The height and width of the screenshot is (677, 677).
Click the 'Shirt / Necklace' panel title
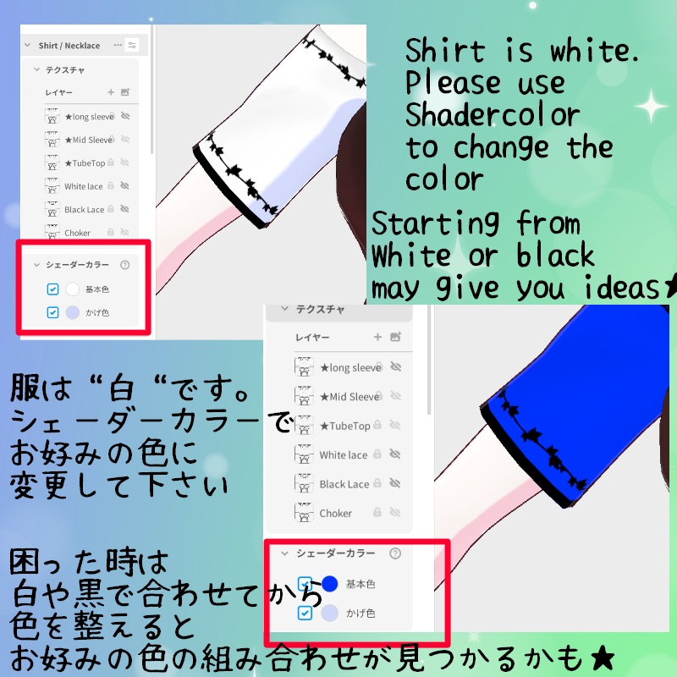pos(69,46)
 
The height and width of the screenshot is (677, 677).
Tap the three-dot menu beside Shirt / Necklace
pos(118,45)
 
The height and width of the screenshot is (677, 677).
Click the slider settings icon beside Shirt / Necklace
pos(132,45)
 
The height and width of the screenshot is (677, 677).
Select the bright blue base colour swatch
pos(329,584)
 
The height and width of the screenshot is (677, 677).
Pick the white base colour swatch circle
pos(73,289)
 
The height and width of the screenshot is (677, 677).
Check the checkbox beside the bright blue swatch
pos(305,584)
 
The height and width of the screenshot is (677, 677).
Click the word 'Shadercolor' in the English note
pos(493,115)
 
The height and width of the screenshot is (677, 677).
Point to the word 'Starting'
pos(435,223)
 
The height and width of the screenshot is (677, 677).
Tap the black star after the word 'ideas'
pos(670,287)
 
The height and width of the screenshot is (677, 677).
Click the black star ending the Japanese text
pos(603,658)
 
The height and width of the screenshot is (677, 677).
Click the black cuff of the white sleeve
pos(228,190)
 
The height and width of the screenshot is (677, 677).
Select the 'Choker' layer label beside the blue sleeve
pos(335,514)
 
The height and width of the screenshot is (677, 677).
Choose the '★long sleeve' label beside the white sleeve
pos(90,117)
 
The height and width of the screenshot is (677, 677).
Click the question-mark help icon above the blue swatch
pos(395,553)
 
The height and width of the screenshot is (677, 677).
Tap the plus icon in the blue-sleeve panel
pos(377,337)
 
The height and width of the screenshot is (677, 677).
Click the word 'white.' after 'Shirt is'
pos(594,51)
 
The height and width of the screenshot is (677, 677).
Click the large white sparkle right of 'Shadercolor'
pos(652,106)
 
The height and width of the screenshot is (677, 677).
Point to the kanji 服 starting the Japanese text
pos(25,388)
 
